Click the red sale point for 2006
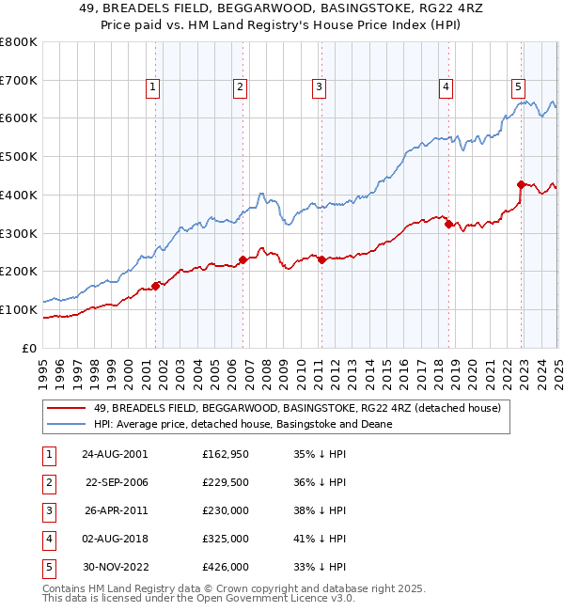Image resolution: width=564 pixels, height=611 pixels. [x=243, y=259]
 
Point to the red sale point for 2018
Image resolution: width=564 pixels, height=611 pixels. [x=448, y=224]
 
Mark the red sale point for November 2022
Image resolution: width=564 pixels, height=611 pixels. [x=521, y=184]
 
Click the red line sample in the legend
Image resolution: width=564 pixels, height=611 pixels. [x=66, y=408]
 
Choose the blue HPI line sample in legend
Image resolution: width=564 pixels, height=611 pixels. [x=66, y=424]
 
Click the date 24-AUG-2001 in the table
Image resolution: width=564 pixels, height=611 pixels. [x=115, y=453]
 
